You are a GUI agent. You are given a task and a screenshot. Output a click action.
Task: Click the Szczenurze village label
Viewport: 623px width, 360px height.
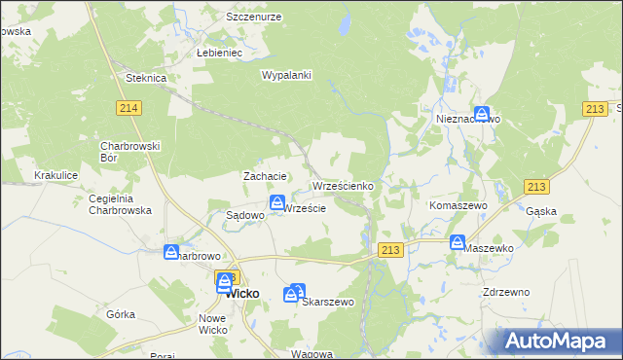[x=253, y=18]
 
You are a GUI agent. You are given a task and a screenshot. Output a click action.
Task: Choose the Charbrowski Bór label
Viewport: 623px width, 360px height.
[x=123, y=151]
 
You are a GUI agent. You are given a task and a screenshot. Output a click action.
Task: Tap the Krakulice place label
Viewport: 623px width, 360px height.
[x=55, y=175]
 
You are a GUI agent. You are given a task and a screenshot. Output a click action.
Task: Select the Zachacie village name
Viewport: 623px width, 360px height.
[x=264, y=176]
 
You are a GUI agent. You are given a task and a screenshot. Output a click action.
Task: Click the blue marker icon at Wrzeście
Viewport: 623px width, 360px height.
[x=277, y=203]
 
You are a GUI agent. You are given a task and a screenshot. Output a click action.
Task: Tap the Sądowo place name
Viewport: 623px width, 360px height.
[x=245, y=215]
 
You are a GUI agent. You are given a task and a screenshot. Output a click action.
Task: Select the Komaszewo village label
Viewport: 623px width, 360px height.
[x=458, y=207]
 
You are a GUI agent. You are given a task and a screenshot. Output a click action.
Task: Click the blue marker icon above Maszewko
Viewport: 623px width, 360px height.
[x=458, y=242]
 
